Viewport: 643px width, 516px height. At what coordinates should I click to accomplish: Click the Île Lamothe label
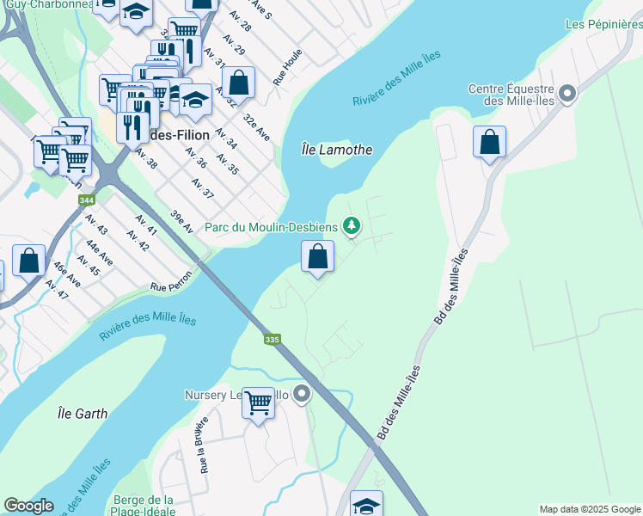click(338, 149)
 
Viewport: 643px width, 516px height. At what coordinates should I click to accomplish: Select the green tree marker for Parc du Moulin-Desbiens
click(351, 226)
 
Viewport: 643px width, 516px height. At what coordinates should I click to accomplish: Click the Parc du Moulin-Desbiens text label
click(273, 228)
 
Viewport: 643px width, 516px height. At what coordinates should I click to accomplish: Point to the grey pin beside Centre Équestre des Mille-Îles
click(566, 94)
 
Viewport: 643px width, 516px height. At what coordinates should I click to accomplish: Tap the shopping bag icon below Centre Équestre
click(489, 142)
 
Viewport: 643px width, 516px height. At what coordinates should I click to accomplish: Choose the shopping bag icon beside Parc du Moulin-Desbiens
click(317, 256)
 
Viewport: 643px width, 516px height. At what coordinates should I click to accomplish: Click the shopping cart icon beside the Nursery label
click(258, 402)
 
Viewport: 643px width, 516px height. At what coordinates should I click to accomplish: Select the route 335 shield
click(273, 340)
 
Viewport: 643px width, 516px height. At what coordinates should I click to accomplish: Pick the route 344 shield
click(86, 200)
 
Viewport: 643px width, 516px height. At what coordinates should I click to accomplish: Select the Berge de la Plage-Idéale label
click(144, 507)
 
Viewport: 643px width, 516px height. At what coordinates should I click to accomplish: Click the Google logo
click(28, 506)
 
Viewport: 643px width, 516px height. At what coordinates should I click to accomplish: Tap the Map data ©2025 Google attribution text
click(590, 509)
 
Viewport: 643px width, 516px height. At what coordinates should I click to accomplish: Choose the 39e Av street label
click(181, 220)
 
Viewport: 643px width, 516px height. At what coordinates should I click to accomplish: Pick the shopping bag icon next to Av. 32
click(239, 83)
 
